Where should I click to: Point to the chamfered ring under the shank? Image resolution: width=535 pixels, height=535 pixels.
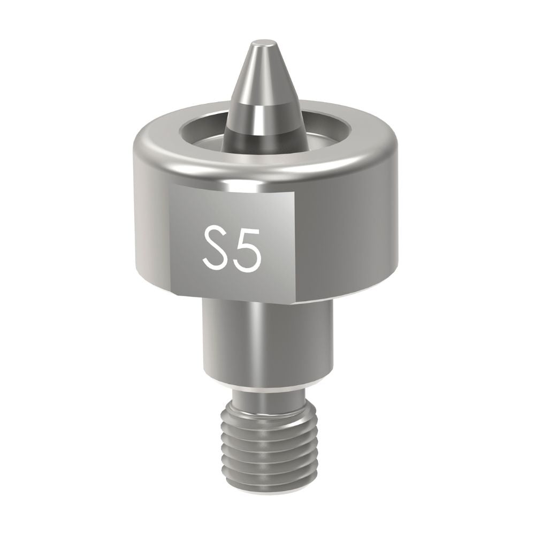pyautogui.click(x=265, y=386)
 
